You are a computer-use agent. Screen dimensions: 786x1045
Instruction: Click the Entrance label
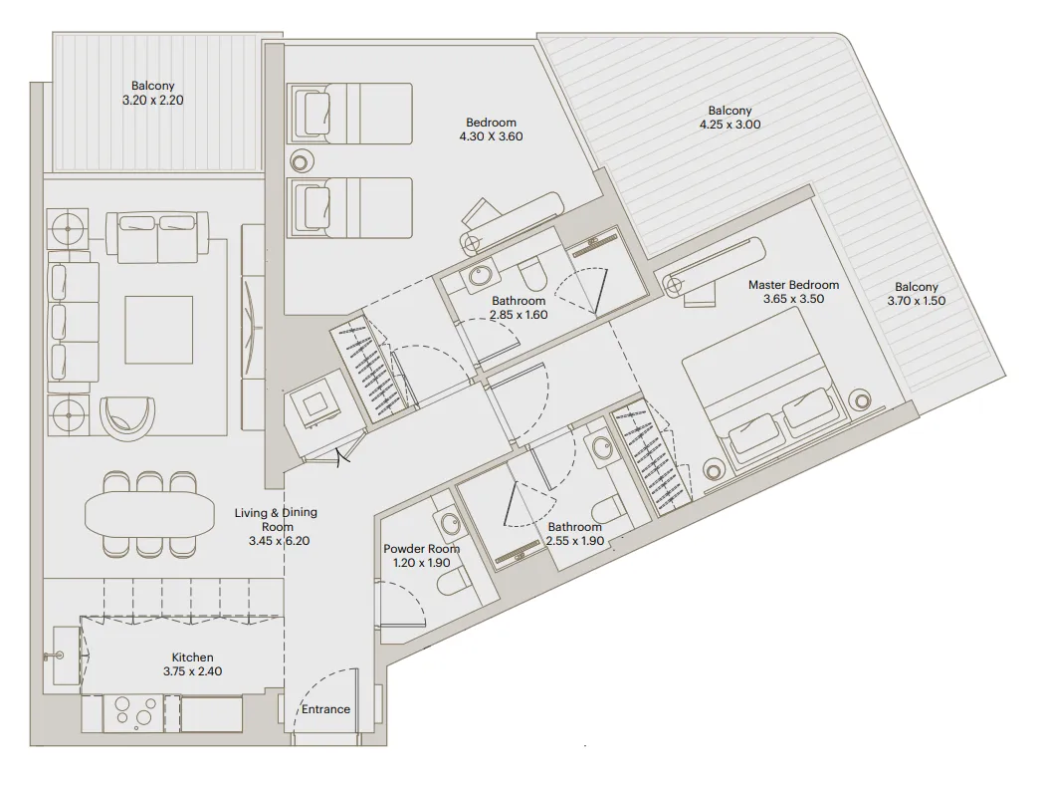pyautogui.click(x=326, y=709)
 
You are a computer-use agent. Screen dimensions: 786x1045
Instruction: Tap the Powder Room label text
pyautogui.click(x=421, y=549)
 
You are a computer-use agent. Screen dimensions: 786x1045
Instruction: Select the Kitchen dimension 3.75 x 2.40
pyautogui.click(x=192, y=671)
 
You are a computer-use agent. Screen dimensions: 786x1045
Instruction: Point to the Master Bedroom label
pyautogui.click(x=793, y=285)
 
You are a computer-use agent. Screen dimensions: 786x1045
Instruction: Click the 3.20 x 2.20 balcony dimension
pyautogui.click(x=152, y=101)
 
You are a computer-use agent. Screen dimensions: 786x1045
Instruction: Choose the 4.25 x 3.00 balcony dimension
pyautogui.click(x=730, y=126)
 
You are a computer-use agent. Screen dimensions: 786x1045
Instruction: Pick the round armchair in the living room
pyautogui.click(x=129, y=416)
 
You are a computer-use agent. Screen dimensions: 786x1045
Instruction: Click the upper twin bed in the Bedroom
pyautogui.click(x=350, y=108)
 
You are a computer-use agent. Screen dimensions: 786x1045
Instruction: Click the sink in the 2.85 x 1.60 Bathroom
pyautogui.click(x=482, y=276)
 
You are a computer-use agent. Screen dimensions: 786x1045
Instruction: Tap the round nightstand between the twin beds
pyautogui.click(x=300, y=159)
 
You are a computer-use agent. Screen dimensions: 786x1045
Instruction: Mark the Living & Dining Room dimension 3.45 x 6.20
pyautogui.click(x=276, y=542)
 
